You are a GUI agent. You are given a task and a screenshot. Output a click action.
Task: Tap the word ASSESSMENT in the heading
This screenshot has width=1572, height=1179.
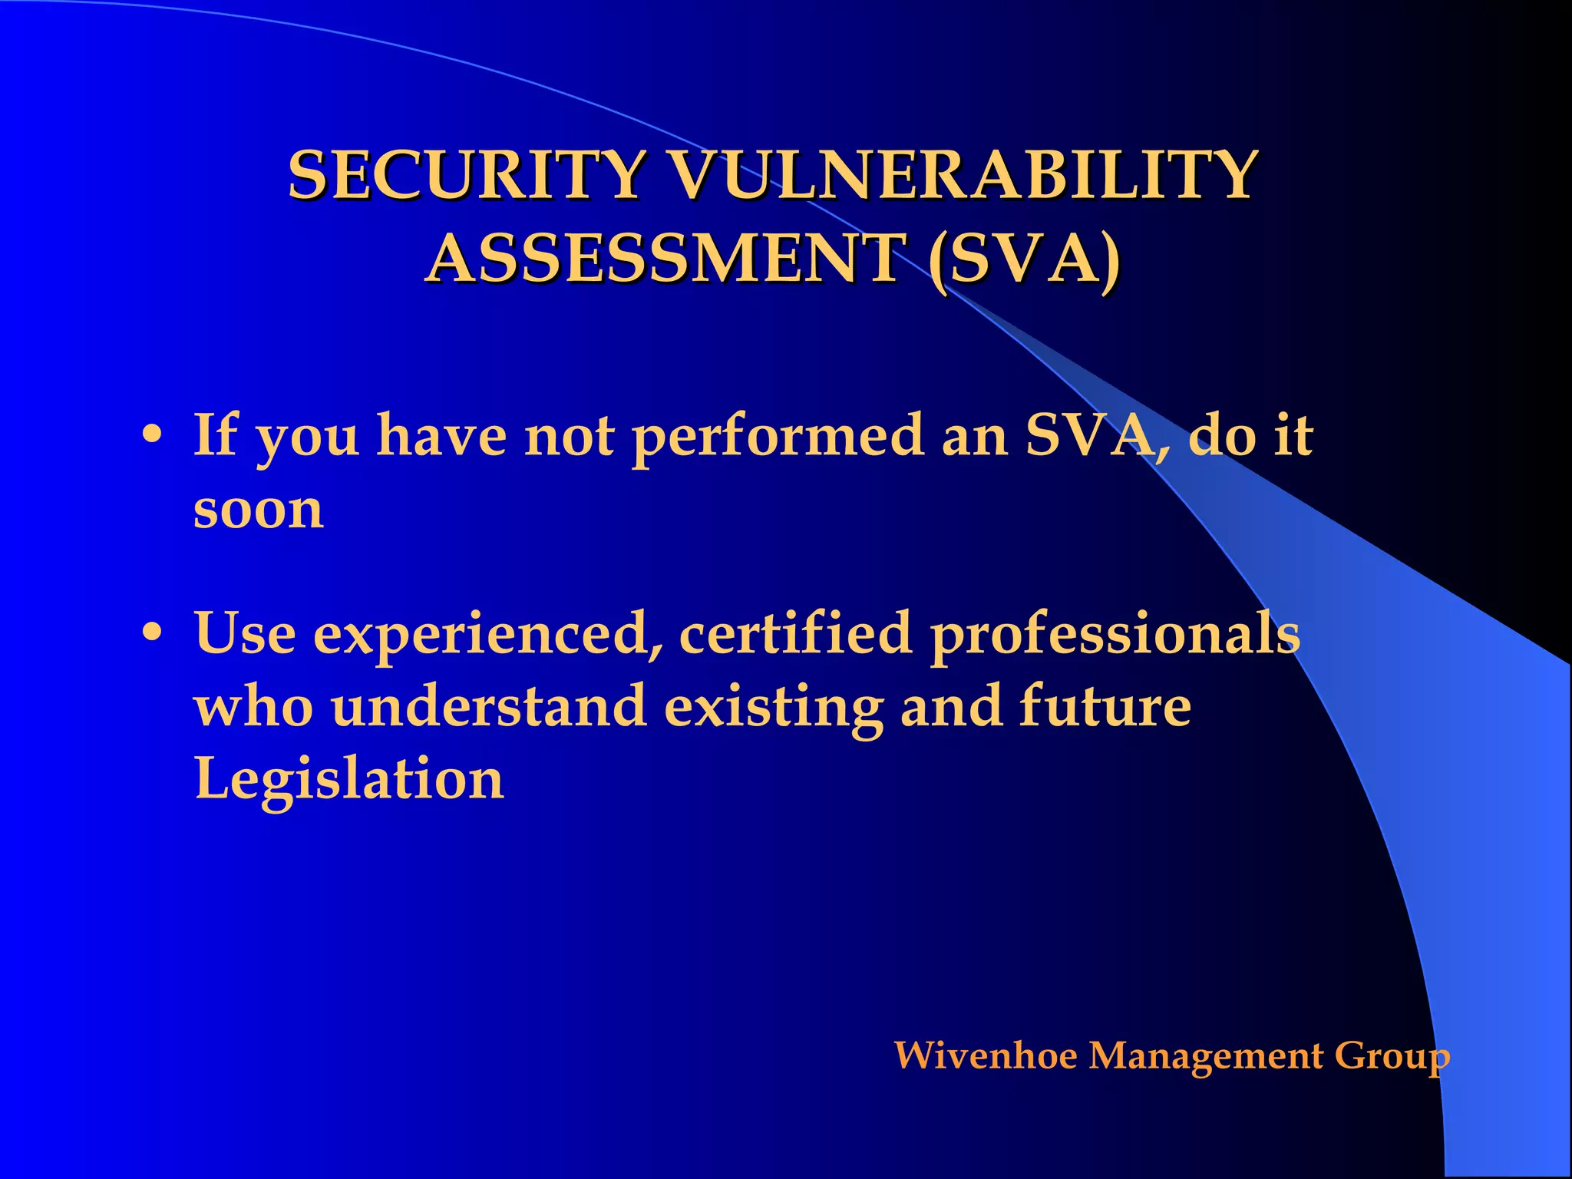(665, 259)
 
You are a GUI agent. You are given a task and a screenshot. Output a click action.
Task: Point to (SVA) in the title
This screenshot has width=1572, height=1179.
(1024, 259)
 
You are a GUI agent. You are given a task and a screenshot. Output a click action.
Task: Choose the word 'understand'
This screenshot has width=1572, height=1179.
(489, 706)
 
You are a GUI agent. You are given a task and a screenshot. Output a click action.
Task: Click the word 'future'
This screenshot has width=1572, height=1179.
(1105, 706)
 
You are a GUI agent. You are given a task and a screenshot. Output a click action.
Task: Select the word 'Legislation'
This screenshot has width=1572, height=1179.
(349, 780)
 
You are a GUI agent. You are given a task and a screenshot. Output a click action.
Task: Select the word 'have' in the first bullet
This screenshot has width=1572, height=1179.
(441, 436)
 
